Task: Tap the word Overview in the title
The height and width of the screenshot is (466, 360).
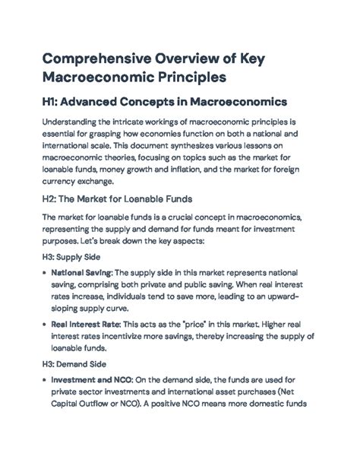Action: coord(209,60)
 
